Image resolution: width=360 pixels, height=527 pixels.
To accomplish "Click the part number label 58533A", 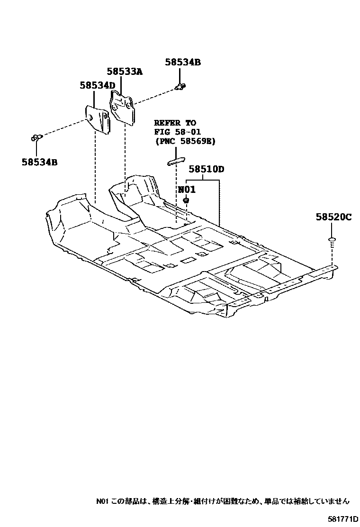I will pos(124,72).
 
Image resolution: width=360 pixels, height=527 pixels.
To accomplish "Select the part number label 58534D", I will pos(97,85).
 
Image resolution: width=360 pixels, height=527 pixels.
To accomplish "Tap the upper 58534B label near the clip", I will pos(183,62).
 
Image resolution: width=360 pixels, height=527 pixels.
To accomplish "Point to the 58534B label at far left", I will pos(39,162).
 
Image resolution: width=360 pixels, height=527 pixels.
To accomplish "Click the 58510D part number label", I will pos(206,169).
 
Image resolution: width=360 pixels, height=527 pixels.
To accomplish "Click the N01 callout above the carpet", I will pos(186,190).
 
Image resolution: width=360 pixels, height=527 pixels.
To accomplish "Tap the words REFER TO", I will pos(175,123).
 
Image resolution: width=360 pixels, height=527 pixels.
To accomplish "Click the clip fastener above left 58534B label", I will pos(36,137).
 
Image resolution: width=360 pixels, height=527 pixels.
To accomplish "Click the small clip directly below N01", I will pos(186,201).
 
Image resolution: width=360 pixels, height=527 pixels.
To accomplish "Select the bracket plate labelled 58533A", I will pos(123,107).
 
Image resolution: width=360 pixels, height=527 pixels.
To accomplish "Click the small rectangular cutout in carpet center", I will pos(188,260).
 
